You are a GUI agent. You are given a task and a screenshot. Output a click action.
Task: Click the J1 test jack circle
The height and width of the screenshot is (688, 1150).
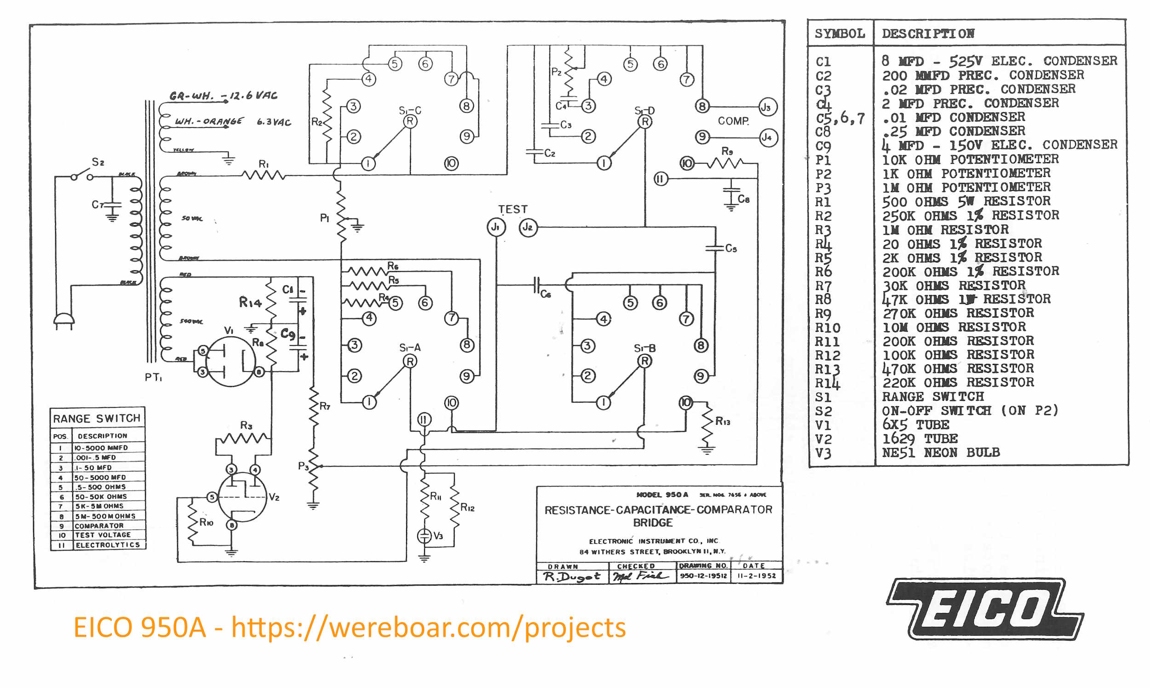495,227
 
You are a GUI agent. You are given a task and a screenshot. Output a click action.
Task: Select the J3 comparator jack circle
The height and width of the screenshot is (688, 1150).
767,107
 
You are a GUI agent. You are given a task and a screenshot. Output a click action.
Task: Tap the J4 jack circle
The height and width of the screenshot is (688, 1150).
768,138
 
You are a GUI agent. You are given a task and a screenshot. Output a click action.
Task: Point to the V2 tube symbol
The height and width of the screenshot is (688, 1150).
242,497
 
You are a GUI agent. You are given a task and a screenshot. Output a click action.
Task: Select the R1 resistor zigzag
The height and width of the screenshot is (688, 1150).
263,175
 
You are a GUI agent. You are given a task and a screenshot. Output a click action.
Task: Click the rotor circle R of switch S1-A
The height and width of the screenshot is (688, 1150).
409,361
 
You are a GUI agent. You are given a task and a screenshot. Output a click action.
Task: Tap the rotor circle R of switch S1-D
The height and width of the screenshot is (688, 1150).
645,121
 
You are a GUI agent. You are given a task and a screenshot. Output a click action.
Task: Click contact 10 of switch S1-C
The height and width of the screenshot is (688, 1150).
451,163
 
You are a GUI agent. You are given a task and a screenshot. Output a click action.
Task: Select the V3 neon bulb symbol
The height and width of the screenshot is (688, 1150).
424,536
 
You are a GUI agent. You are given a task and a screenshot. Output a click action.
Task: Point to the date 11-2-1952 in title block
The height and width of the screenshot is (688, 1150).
756,576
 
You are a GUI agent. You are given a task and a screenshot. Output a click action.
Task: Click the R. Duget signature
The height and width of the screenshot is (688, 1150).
571,576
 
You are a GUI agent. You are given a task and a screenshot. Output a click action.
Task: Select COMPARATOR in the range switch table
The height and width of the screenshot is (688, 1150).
99,526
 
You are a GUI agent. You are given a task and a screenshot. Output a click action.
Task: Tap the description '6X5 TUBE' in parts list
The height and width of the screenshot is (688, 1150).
915,425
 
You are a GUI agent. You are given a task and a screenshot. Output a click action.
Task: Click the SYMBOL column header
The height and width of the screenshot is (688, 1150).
839,34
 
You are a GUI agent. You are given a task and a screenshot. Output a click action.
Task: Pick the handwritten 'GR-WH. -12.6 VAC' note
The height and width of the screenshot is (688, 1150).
223,96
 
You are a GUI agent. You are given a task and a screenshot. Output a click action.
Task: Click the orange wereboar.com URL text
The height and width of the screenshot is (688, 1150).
429,627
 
